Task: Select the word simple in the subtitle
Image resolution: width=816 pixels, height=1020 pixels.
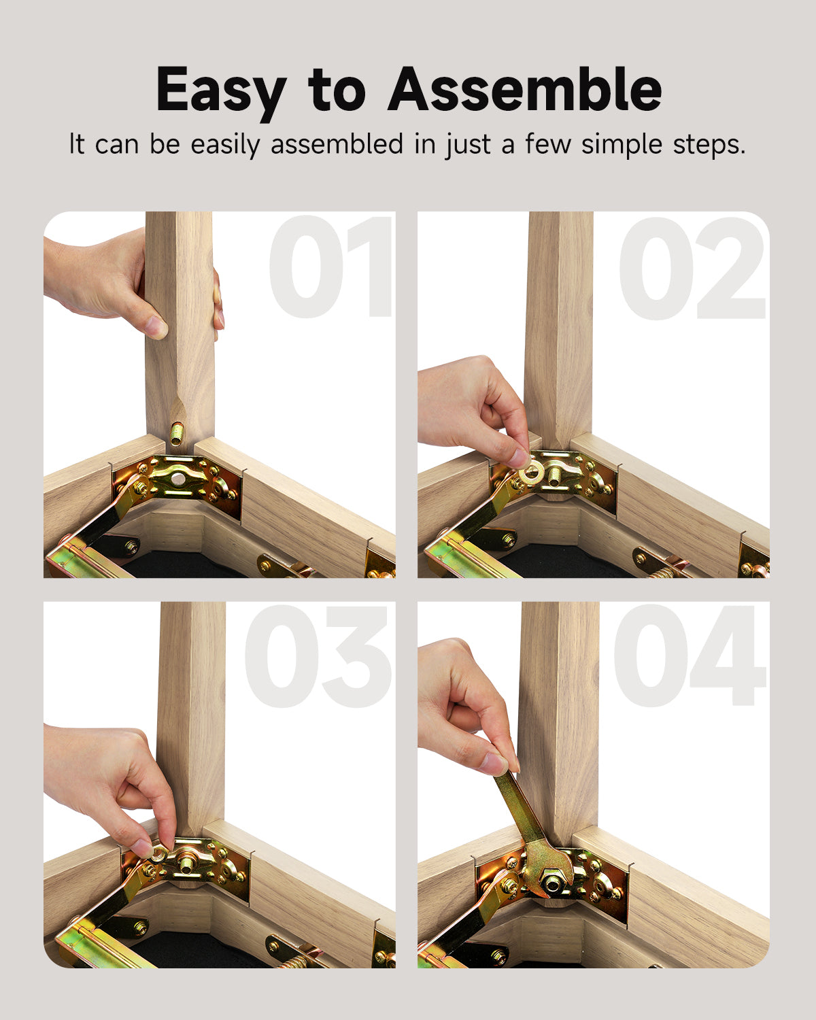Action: click(622, 145)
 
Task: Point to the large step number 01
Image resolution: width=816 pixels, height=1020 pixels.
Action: click(331, 267)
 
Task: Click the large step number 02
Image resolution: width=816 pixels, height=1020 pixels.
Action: click(692, 268)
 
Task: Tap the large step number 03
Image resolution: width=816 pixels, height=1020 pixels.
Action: click(318, 656)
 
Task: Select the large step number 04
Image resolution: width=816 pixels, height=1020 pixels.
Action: click(690, 656)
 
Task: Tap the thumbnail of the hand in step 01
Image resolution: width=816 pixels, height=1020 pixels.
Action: click(156, 326)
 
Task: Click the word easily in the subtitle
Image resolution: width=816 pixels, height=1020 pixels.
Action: click(226, 145)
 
